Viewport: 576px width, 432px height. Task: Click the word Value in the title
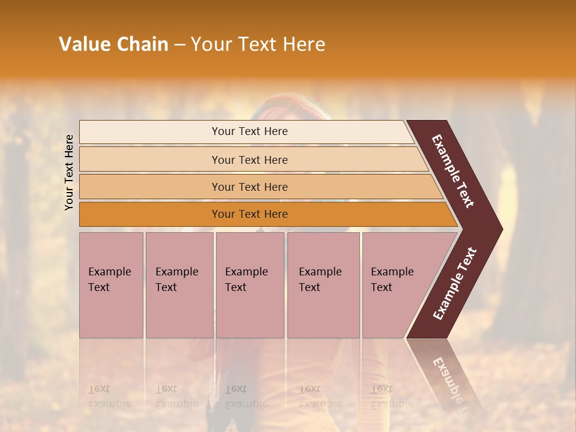tap(83, 44)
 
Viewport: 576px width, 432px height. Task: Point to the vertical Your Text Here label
tap(69, 172)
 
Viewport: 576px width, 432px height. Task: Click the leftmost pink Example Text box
tap(111, 285)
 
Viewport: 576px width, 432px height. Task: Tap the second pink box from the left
tap(179, 285)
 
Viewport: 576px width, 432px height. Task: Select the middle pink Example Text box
tap(250, 285)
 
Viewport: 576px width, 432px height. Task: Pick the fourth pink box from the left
tap(323, 285)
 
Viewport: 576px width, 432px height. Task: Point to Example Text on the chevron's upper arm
tap(454, 171)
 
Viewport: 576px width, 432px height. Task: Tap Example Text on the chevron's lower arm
tap(455, 284)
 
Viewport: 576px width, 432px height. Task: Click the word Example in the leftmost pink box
tap(109, 272)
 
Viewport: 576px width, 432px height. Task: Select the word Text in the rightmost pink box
tap(382, 287)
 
